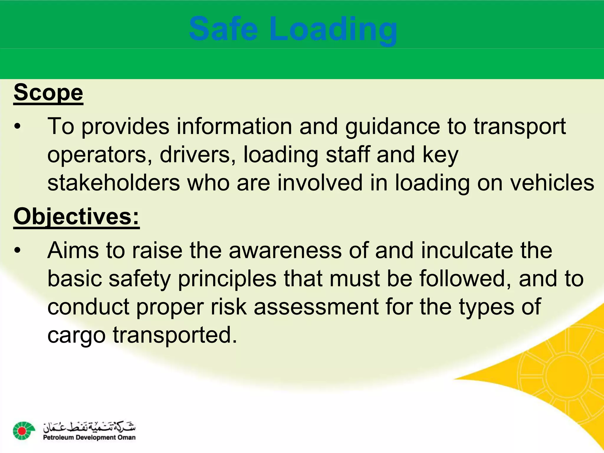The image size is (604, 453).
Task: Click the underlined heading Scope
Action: (48, 93)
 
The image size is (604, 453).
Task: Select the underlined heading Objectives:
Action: (76, 216)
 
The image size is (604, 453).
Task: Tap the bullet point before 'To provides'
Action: (18, 127)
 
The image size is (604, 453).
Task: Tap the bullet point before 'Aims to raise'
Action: (18, 251)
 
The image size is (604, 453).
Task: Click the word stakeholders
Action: (114, 183)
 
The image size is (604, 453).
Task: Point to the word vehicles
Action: (552, 183)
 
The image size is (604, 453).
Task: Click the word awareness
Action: (285, 250)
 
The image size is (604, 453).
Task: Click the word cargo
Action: (76, 335)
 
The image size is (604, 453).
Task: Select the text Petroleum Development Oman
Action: (89, 438)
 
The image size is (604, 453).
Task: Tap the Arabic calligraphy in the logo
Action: (89, 426)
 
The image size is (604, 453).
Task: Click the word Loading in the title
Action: (333, 29)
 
